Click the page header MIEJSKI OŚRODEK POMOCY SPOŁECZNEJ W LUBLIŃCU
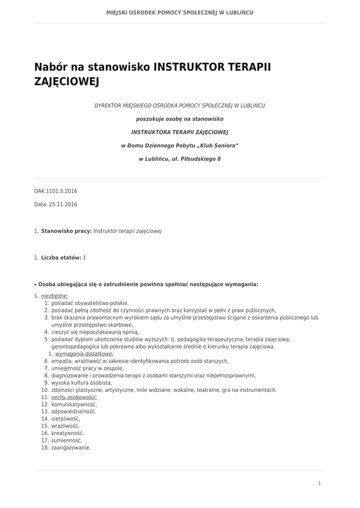tap(180, 12)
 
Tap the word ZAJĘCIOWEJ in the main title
tap(67, 81)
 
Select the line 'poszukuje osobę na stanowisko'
tap(180, 119)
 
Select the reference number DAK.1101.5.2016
tap(56, 191)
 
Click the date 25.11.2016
tap(63, 204)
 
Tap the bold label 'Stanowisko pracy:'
tap(67, 231)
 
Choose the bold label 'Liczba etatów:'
tap(61, 257)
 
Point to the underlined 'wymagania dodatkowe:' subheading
tap(84, 354)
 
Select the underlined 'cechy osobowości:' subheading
tap(74, 397)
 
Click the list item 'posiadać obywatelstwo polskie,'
tap(90, 303)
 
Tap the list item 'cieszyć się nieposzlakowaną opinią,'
tap(95, 332)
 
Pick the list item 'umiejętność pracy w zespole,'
tap(87, 369)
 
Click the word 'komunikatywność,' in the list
tap(74, 404)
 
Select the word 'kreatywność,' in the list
tap(68, 433)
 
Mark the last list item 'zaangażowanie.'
tap(71, 447)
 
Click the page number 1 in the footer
tap(319, 483)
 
